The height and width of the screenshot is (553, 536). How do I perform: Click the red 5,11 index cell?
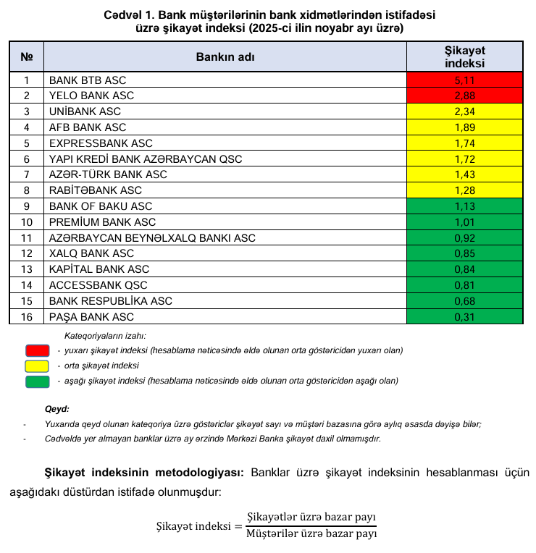point(464,80)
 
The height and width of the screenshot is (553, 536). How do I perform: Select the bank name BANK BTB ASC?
point(87,80)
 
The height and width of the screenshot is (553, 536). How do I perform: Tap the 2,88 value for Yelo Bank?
point(464,96)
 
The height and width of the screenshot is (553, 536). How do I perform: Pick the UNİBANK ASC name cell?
point(84,111)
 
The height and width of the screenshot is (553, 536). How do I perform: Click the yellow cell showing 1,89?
point(464,127)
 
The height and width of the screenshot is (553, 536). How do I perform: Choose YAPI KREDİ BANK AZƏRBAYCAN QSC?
point(145,159)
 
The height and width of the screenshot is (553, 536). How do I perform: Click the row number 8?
point(27,190)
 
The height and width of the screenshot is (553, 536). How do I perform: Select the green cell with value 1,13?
point(464,206)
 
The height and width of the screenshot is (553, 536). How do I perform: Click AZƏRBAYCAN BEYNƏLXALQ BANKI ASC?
point(151,237)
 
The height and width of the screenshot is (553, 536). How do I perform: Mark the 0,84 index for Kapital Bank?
point(464,269)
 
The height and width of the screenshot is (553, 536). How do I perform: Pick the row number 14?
point(27,285)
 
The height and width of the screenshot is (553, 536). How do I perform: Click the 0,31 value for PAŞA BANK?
point(464,317)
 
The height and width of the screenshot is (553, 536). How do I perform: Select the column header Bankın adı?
point(225,56)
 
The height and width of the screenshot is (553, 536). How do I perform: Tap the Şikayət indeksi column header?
point(464,56)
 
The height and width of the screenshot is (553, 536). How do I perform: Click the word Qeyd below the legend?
point(56,409)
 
